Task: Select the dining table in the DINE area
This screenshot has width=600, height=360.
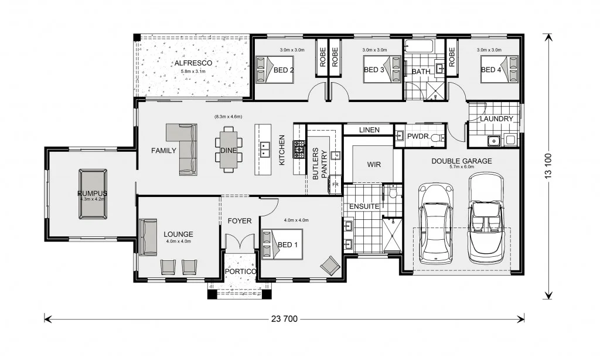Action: coord(229,150)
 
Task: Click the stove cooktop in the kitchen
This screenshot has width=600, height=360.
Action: coord(299,150)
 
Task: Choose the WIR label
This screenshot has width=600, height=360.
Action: coord(374,165)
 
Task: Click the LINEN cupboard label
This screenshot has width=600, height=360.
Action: coord(369,130)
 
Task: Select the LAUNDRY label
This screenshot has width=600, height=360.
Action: coord(496,119)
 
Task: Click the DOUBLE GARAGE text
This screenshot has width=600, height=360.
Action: coord(461,161)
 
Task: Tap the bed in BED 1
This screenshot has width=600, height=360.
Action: coord(281,243)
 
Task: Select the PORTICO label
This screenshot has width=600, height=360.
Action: coord(240,272)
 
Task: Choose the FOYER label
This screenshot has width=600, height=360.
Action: coord(240,221)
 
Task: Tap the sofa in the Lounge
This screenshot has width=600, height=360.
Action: coord(148,237)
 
